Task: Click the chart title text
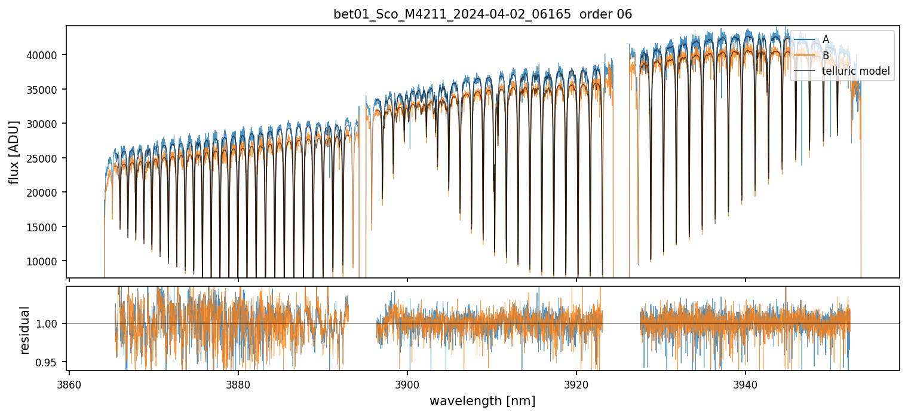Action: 483,14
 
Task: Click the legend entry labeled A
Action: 826,39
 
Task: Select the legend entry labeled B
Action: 826,56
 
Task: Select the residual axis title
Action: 25,330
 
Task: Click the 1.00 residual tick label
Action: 50,323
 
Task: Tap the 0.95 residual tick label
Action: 50,362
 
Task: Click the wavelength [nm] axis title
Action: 483,400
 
